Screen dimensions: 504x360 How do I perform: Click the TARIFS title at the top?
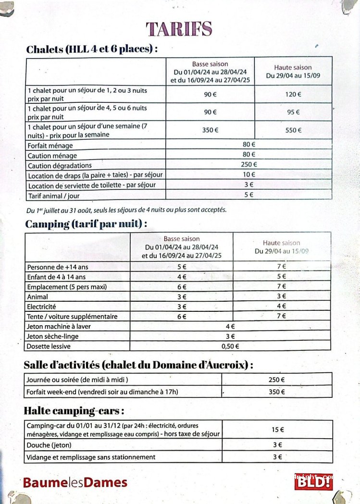point(179,29)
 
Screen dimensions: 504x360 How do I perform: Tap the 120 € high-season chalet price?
point(293,94)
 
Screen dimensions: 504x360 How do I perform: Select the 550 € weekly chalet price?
point(293,130)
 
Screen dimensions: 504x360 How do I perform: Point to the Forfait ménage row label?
point(50,145)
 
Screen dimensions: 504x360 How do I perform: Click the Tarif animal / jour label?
point(54,196)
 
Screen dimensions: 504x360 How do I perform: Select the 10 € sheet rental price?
point(248,175)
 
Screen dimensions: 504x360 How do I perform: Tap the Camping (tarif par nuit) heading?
point(86,224)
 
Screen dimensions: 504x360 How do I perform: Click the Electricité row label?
point(42,307)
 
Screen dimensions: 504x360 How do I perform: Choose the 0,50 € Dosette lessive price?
point(230,346)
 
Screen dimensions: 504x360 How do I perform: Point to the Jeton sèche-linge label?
point(53,336)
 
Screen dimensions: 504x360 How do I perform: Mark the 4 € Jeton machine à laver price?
point(230,326)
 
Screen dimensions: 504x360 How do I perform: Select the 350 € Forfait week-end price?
point(277,392)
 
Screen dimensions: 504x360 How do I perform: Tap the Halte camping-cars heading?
point(74,411)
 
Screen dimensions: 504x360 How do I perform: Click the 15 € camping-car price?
point(277,430)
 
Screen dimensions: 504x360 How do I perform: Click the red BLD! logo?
point(313,481)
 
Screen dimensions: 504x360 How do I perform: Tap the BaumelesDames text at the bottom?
point(75,482)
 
